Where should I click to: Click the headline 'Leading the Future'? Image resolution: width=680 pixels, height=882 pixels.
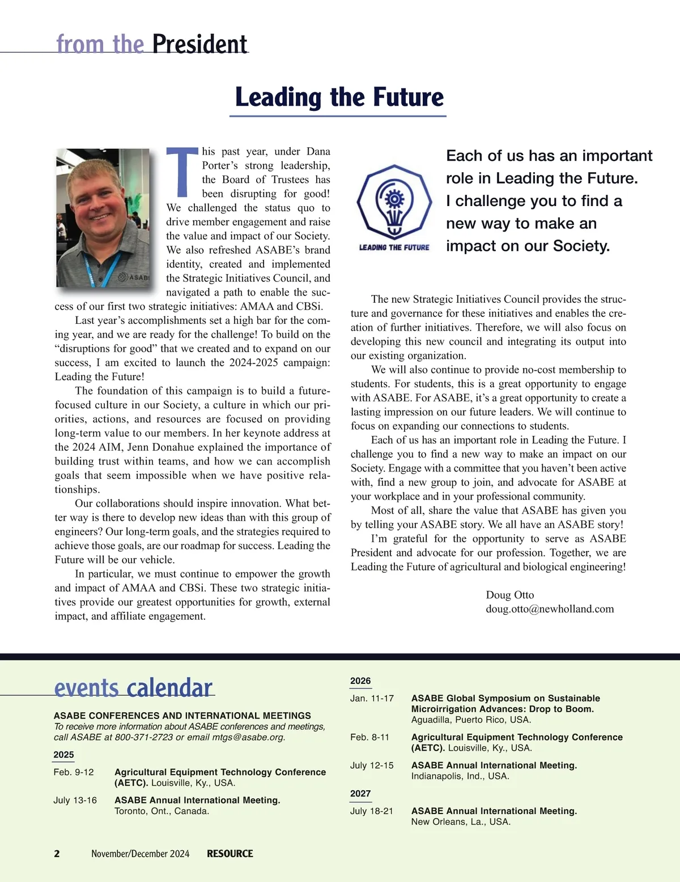point(339,97)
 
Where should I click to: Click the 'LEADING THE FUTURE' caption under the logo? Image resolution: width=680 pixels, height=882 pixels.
point(394,247)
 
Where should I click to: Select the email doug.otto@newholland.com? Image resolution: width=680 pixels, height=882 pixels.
point(550,609)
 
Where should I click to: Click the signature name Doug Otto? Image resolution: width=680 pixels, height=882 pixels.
point(509,595)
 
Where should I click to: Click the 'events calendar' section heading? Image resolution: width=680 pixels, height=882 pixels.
point(133,688)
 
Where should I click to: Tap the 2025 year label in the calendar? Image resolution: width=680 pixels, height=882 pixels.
point(63,755)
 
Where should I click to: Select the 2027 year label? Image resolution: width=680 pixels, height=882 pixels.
point(360,794)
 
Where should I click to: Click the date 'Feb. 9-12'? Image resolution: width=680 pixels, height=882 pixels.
point(74,772)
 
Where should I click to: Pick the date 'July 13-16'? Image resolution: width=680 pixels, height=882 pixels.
point(75,800)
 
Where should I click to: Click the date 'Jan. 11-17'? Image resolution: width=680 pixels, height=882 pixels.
point(372,699)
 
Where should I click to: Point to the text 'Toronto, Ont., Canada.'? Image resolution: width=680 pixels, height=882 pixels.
point(161,811)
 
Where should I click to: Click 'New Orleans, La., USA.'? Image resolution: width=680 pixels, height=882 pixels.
point(461,822)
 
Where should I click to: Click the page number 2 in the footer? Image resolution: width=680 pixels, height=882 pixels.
point(57,854)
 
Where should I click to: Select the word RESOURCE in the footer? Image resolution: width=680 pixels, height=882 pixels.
point(229,854)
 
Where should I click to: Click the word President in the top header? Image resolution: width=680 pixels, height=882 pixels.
point(199,44)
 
